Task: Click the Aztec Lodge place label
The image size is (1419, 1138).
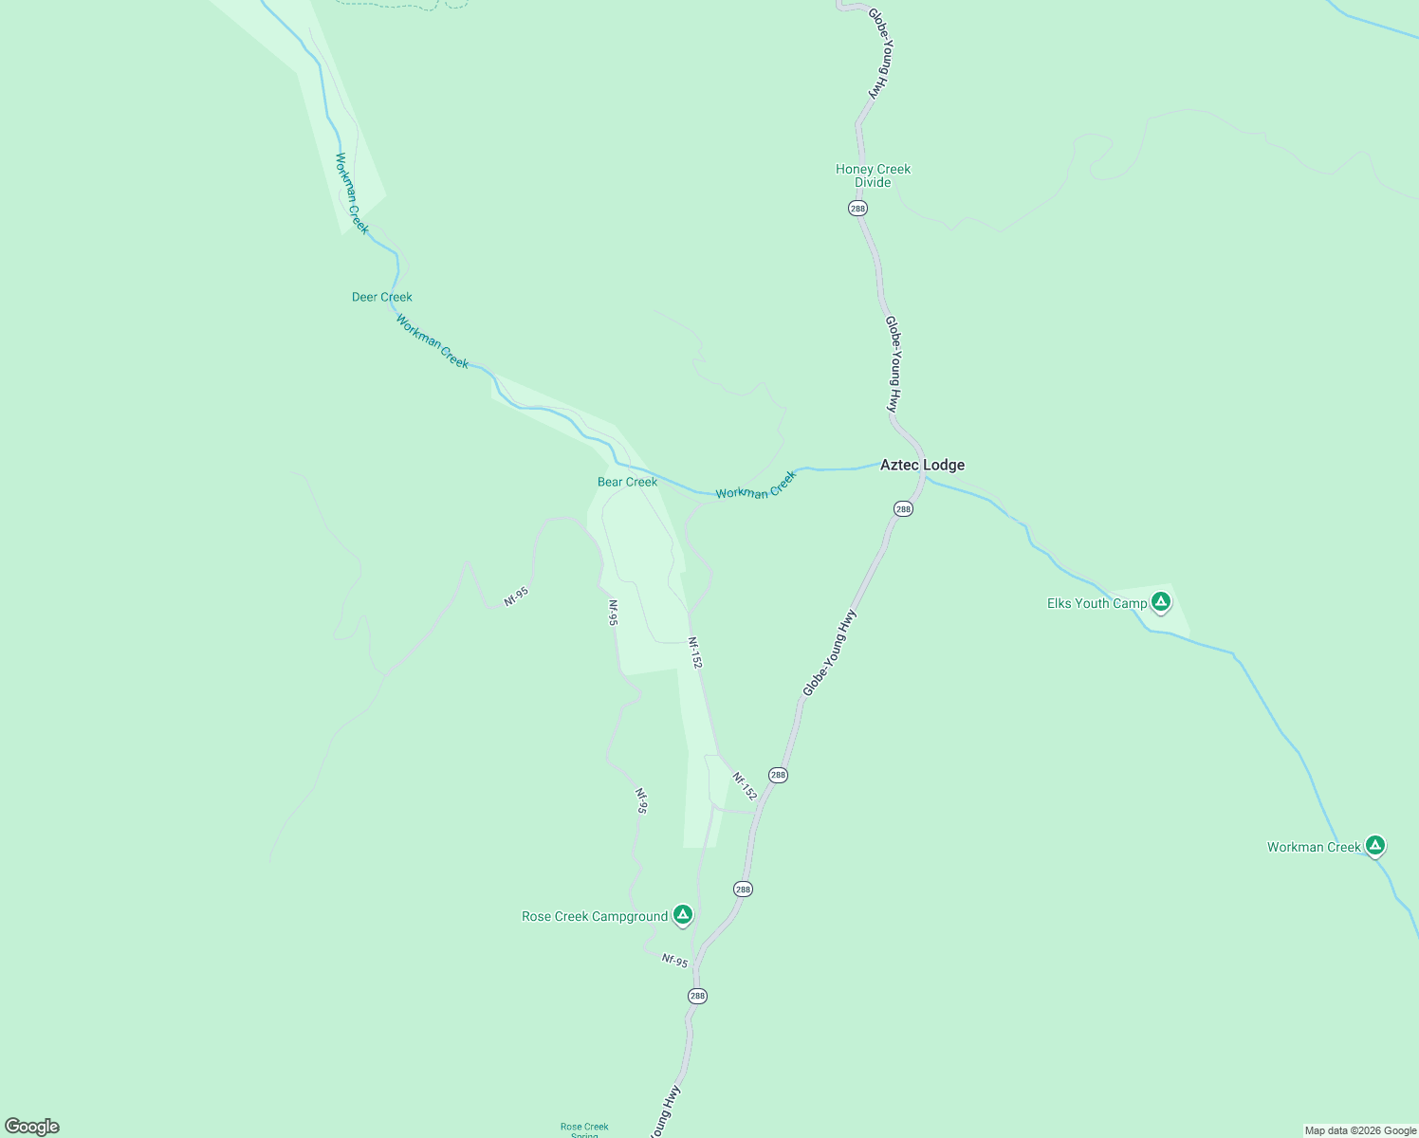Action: [x=922, y=465]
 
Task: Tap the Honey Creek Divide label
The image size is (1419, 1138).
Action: [x=873, y=175]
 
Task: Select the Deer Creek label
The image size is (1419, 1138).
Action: [x=381, y=297]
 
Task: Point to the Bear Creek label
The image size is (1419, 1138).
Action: [x=627, y=482]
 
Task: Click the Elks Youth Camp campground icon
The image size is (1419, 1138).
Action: [x=1159, y=601]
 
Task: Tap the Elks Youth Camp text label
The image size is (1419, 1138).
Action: [x=1096, y=603]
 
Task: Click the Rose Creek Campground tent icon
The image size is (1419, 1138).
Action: [x=682, y=914]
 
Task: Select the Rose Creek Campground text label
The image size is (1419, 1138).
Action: [x=595, y=916]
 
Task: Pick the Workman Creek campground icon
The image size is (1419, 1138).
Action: [x=1375, y=845]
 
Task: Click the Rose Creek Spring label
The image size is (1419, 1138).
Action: [x=584, y=1129]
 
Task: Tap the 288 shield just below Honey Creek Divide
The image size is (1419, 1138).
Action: [x=857, y=208]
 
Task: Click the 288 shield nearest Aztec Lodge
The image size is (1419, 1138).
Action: [x=903, y=509]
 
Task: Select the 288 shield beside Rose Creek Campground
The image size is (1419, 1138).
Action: [x=743, y=889]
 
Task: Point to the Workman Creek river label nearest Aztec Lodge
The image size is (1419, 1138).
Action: [x=756, y=486]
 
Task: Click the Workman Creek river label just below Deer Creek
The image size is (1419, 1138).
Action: [x=433, y=341]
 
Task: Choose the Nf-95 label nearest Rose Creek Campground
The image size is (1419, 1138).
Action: [x=674, y=961]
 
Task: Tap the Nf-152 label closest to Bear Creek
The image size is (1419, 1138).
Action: [x=695, y=652]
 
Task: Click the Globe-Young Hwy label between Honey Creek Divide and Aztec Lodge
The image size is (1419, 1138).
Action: [x=892, y=363]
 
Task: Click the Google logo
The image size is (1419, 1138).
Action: [x=32, y=1127]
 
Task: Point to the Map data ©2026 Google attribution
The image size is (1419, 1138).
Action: [x=1360, y=1130]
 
